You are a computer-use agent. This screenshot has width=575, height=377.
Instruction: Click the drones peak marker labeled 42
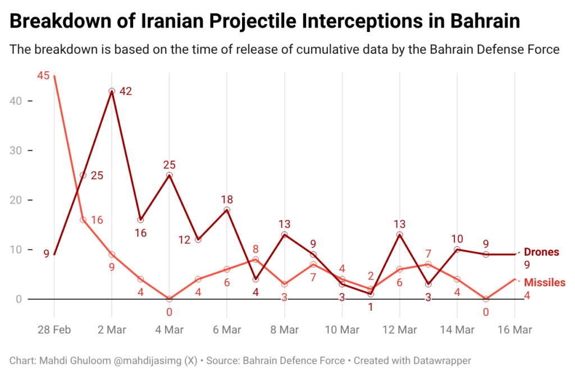[x=112, y=91]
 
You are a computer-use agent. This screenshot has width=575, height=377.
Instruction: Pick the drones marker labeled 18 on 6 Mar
[x=227, y=210]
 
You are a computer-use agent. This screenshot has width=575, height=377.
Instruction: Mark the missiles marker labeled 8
[x=255, y=259]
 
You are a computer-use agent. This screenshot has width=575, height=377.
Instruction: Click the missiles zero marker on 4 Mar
[x=169, y=299]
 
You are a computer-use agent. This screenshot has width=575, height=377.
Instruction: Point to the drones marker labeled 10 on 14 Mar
[x=457, y=250]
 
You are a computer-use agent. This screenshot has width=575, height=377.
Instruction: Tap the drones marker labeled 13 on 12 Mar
[x=399, y=235]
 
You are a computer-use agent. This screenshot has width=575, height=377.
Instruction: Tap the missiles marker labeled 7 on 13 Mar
[x=428, y=264]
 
